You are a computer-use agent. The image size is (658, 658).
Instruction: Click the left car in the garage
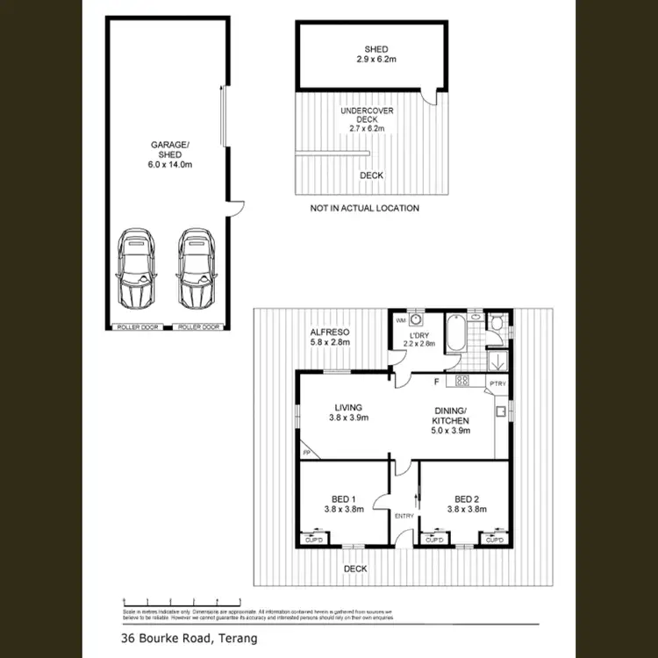click(x=135, y=268)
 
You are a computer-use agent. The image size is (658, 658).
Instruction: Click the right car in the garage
click(x=196, y=268)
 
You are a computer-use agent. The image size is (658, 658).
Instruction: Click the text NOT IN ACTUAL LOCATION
click(x=364, y=208)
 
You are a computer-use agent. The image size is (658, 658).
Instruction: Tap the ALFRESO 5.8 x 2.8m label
click(x=330, y=338)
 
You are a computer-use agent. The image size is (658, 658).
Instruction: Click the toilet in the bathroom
click(x=497, y=323)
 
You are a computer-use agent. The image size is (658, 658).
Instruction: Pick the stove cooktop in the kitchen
click(x=461, y=381)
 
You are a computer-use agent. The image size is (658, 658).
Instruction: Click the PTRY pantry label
click(x=497, y=383)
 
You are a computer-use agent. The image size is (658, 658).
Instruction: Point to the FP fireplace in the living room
click(x=307, y=452)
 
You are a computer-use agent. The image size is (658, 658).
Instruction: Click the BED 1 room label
click(x=344, y=502)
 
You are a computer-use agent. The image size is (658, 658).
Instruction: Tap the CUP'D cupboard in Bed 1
click(x=312, y=540)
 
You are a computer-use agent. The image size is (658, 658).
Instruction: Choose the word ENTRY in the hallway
click(x=404, y=516)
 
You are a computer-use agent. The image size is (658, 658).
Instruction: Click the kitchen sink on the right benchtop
click(x=500, y=411)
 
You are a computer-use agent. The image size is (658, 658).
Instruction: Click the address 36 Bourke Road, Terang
click(x=182, y=638)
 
